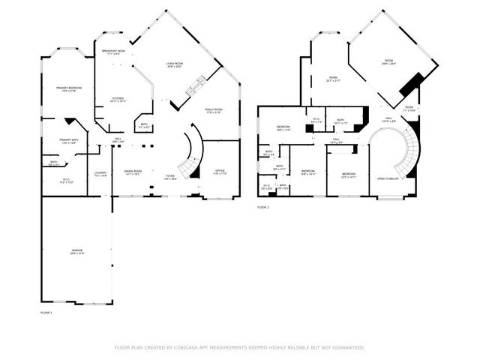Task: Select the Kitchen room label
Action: click(118, 99)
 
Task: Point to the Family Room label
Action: click(214, 110)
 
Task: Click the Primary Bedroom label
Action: click(67, 89)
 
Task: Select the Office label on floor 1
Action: click(220, 172)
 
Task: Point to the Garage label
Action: click(76, 253)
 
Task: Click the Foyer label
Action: click(170, 178)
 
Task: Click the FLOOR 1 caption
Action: click(46, 311)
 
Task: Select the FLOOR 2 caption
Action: click(262, 207)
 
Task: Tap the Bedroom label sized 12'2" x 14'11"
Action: click(346, 175)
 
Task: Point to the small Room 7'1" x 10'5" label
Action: click(409, 109)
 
